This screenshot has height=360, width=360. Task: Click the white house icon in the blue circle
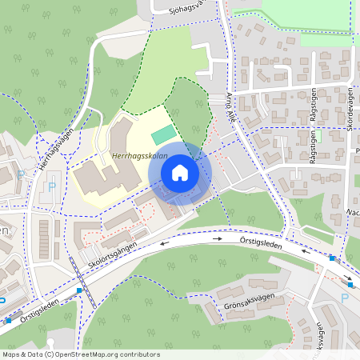coord(180,173)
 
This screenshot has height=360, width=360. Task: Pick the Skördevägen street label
coord(350,109)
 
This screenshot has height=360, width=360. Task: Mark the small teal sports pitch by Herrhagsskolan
coord(162,130)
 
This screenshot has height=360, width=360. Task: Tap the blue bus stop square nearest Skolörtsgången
coord(78,290)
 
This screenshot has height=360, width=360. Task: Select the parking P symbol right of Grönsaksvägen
coord(345,298)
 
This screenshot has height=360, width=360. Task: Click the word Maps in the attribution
coord(10,354)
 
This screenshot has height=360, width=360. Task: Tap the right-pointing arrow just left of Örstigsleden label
coord(217,238)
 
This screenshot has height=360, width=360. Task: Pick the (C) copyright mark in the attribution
coord(49,354)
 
